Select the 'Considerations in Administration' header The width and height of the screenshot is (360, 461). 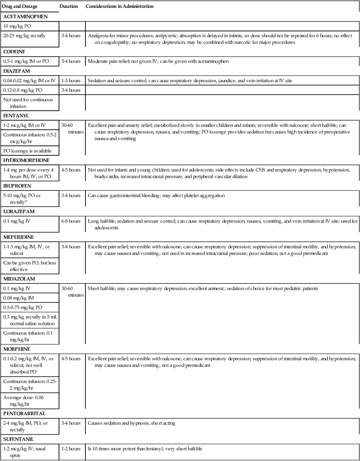point(120,7)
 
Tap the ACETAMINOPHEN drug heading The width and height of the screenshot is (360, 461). point(25,17)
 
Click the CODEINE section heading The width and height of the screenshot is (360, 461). point(14,52)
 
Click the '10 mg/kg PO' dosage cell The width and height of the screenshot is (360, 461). point(18,26)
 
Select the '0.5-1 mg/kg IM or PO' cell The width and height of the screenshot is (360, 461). point(26,61)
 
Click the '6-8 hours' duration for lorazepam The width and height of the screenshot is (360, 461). point(71,221)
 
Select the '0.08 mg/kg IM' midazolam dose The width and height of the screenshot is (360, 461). point(20,297)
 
